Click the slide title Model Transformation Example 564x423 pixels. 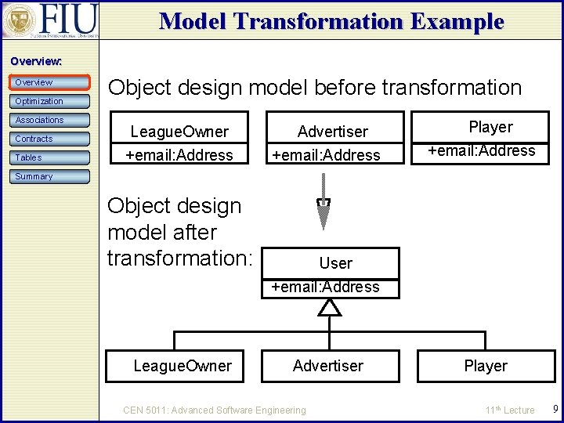(x=331, y=21)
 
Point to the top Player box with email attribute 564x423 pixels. (x=490, y=139)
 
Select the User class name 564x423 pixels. (x=335, y=263)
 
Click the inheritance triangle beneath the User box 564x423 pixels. (x=330, y=308)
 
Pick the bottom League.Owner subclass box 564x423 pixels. (x=183, y=366)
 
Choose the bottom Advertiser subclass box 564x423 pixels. (x=328, y=366)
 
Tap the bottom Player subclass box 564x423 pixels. (x=486, y=366)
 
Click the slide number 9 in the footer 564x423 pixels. (x=555, y=409)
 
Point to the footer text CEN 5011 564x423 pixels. (x=215, y=410)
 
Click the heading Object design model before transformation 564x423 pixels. (x=315, y=87)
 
